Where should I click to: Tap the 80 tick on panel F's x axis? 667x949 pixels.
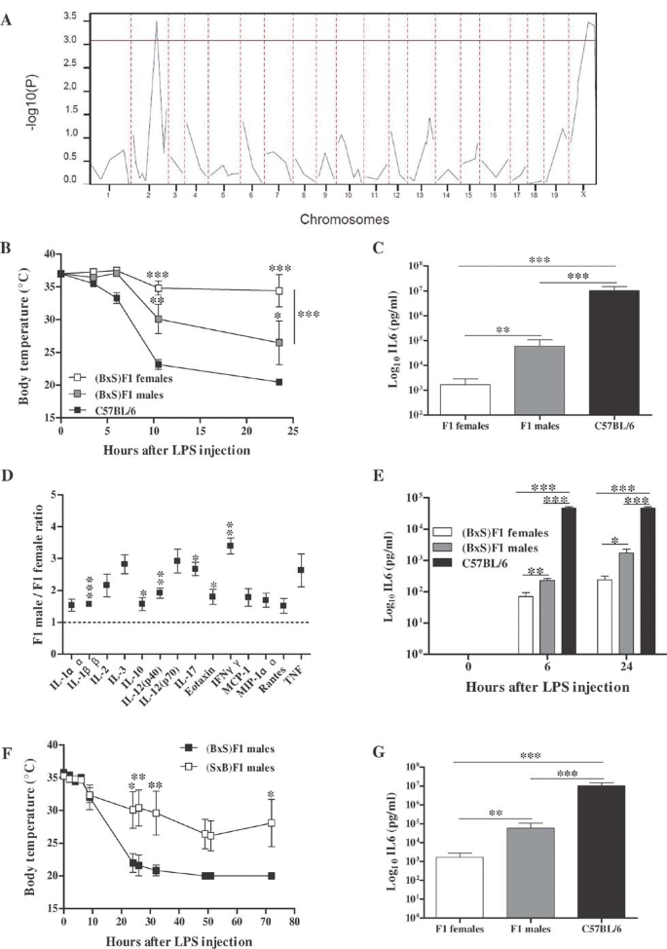click(294, 920)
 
